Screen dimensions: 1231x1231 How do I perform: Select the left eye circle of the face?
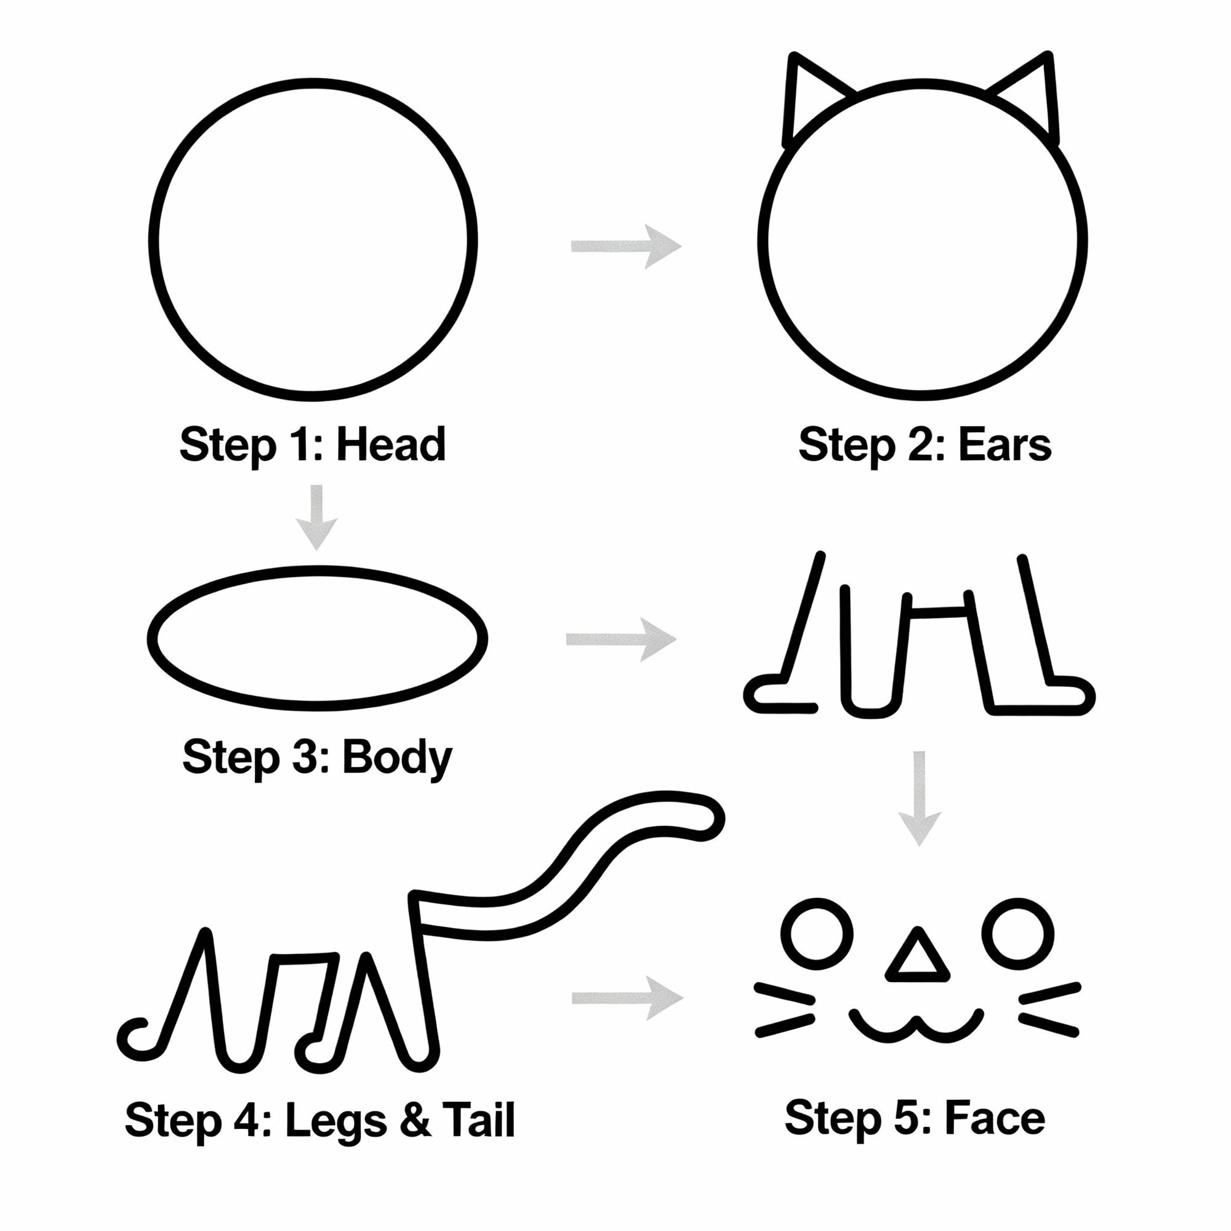coord(817,934)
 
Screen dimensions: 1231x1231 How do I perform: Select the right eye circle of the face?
coord(1018,934)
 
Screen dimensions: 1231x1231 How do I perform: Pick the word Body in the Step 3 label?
coord(396,758)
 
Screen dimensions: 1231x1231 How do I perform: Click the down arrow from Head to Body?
coord(316,517)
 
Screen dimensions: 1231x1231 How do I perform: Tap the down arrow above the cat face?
coord(919,797)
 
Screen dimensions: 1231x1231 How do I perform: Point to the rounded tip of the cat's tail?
coord(707,819)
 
